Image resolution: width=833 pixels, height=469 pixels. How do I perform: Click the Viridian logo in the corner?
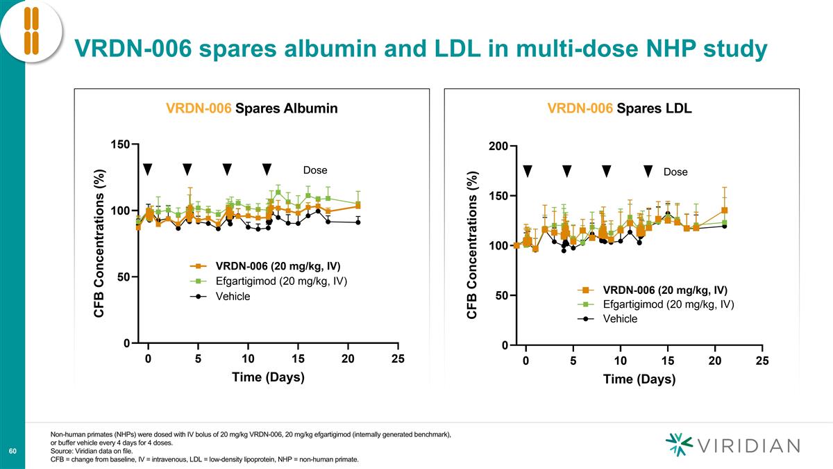coord(732,445)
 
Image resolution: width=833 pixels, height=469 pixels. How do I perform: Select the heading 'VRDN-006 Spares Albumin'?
coord(252,108)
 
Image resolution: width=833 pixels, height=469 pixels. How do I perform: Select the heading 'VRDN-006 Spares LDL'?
coord(619,108)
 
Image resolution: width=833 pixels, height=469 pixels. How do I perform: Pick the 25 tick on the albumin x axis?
coord(398,359)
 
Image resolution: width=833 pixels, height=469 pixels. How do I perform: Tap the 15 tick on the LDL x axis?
coord(668,361)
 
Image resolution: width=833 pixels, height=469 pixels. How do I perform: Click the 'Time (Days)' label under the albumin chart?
coord(268,377)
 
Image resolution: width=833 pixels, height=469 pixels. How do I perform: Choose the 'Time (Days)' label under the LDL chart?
coord(639,379)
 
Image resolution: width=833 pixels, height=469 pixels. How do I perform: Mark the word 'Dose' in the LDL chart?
coord(675,172)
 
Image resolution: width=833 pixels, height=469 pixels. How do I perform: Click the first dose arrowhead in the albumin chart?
coord(147,170)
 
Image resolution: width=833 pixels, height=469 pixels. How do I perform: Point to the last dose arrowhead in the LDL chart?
coord(648,171)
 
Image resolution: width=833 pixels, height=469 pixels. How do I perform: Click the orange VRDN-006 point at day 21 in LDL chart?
coord(724,210)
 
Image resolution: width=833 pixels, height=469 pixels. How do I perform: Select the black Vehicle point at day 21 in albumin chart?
coord(358,222)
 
